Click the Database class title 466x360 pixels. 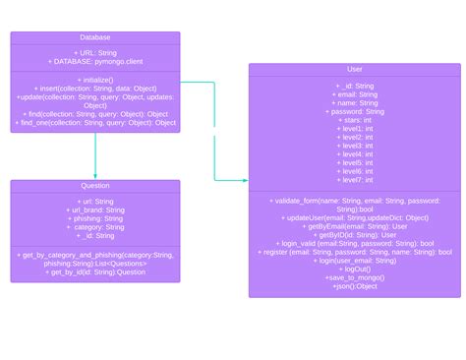click(95, 37)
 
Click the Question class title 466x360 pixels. click(95, 185)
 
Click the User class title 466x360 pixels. click(355, 70)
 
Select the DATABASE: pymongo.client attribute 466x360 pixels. click(95, 62)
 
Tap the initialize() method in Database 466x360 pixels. click(95, 80)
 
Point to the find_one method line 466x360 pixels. click(95, 123)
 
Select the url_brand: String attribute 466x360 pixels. click(95, 210)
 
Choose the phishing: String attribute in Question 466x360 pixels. click(95, 218)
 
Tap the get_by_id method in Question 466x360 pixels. click(95, 271)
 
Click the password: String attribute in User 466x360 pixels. click(355, 111)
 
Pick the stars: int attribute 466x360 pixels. click(355, 120)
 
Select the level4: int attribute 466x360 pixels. click(355, 154)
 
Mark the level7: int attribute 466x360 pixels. click(355, 180)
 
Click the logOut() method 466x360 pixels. click(355, 269)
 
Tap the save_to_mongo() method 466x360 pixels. click(355, 277)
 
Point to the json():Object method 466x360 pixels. click(355, 286)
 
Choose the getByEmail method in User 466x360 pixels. click(355, 226)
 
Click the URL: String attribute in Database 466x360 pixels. click(95, 53)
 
